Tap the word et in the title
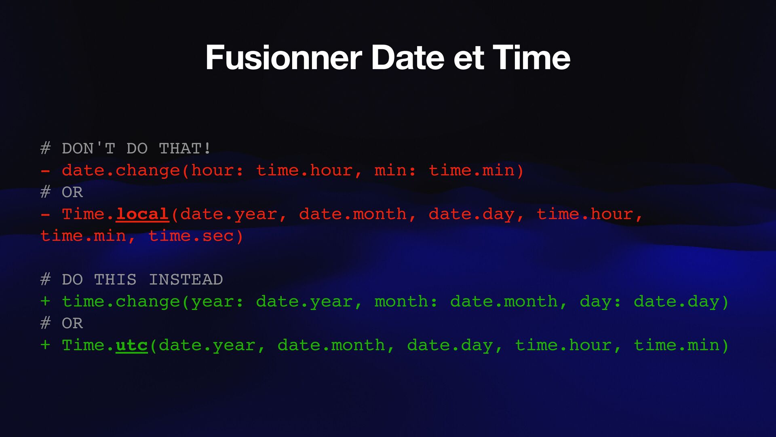pyautogui.click(x=468, y=58)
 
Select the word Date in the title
pyautogui.click(x=407, y=58)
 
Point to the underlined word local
pyautogui.click(x=142, y=214)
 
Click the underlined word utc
pyautogui.click(x=132, y=345)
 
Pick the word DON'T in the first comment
pyautogui.click(x=89, y=148)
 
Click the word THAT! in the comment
pyautogui.click(x=185, y=148)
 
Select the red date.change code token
pyautogui.click(x=120, y=170)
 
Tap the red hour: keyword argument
pyautogui.click(x=217, y=170)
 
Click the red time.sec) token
pyautogui.click(x=196, y=236)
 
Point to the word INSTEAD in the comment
pyautogui.click(x=186, y=280)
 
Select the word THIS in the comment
pyautogui.click(x=115, y=280)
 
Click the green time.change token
pyautogui.click(x=120, y=301)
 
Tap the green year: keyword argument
pyautogui.click(x=217, y=301)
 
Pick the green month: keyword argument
pyautogui.click(x=406, y=301)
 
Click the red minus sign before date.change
pyautogui.click(x=45, y=170)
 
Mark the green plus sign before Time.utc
pyautogui.click(x=45, y=345)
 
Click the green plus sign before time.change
pyautogui.click(x=45, y=301)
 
